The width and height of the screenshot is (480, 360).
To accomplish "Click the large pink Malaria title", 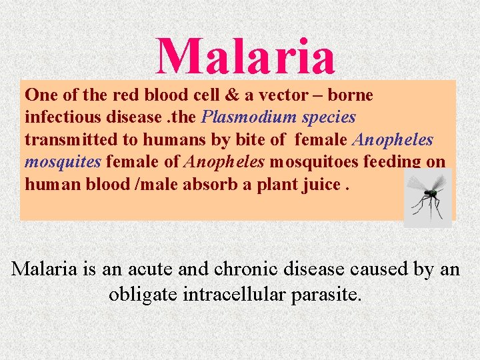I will coord(245,56).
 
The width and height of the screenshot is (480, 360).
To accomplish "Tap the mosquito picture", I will coord(427,196).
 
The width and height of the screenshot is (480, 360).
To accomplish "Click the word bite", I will coord(243,140).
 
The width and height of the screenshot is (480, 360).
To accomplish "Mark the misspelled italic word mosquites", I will coord(63,162).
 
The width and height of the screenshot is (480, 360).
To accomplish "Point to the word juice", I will coord(320,184).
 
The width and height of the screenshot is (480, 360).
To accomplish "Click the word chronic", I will coord(244,269).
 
